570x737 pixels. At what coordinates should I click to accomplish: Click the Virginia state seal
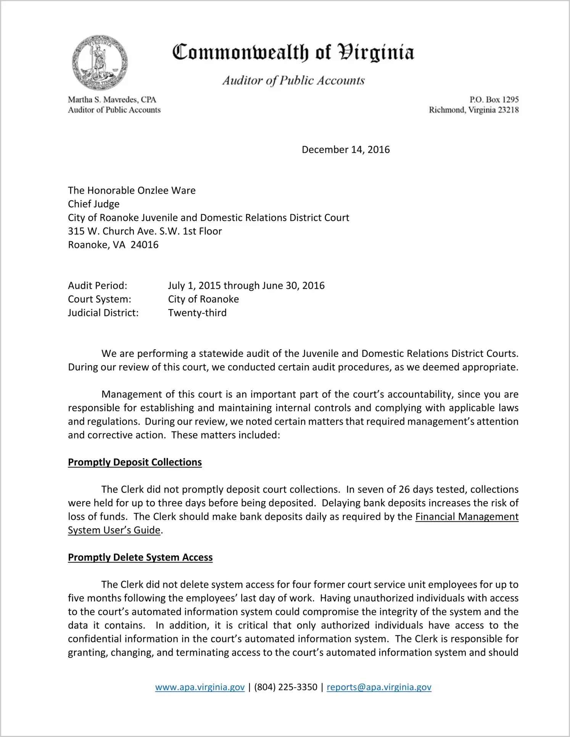click(x=100, y=63)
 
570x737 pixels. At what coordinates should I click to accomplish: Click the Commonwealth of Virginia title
click(x=293, y=53)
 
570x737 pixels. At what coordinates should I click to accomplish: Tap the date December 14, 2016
click(x=346, y=150)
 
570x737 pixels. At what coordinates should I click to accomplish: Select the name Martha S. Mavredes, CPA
click(x=112, y=100)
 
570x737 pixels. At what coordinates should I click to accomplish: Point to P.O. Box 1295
click(x=494, y=100)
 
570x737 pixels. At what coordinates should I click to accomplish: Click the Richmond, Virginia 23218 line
click(x=473, y=110)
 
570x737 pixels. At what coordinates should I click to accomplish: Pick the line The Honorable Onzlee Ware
click(x=132, y=190)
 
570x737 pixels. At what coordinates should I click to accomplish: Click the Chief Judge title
click(x=93, y=204)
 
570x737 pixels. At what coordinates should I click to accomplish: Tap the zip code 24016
click(x=145, y=245)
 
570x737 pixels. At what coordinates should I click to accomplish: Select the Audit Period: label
click(x=98, y=285)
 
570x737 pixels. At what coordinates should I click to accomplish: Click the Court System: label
click(x=100, y=299)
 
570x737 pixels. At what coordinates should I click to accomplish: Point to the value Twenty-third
click(x=197, y=313)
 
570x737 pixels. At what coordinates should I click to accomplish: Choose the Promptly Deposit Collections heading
click(x=135, y=462)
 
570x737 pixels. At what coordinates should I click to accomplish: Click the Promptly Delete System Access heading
click(x=140, y=557)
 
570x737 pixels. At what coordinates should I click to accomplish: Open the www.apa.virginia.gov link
click(x=200, y=687)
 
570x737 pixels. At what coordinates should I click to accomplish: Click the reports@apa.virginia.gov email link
click(x=379, y=687)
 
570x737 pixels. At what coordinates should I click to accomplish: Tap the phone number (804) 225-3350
click(x=286, y=687)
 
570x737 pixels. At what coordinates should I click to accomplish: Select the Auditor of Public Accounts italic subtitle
click(x=293, y=81)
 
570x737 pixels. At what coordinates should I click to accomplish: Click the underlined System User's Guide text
click(x=114, y=530)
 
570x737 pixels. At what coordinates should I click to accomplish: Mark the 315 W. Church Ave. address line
click(x=145, y=231)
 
